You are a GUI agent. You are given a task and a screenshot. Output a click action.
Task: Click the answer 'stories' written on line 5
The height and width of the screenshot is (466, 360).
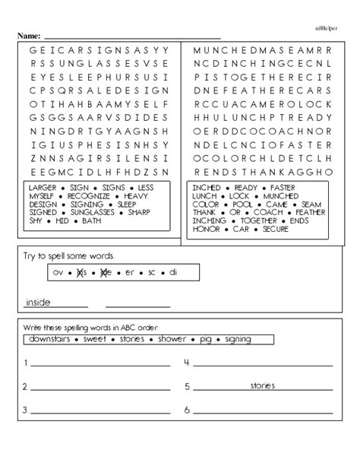click(263, 386)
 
